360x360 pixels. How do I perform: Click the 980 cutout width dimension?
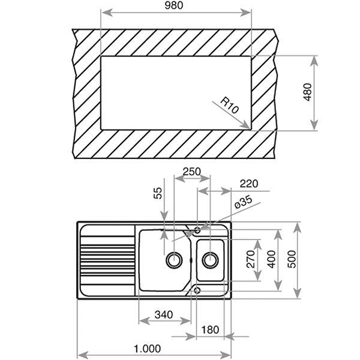pos(174,5)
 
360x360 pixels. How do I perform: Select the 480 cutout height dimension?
pos(308,92)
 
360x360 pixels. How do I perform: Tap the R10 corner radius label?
pos(229,106)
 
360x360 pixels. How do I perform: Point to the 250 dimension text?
pos(192,172)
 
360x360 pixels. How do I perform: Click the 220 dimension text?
pos(249,184)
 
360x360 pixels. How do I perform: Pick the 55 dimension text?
pos(158,193)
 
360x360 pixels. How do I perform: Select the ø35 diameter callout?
pos(244,202)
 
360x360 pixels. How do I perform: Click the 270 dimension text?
pos(251,259)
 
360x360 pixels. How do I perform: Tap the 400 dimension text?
pos(272,259)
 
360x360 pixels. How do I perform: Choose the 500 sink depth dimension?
pos(292,259)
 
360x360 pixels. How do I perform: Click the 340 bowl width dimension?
pos(164,315)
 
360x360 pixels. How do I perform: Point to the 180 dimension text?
pos(210,330)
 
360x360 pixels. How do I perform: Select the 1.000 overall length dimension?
pos(147,349)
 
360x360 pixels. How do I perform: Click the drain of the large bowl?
pos(174,260)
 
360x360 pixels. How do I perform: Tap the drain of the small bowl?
pos(210,260)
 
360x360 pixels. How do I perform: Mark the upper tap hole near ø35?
pos(197,229)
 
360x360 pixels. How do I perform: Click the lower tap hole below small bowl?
pos(197,290)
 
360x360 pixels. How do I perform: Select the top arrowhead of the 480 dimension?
pos(314,61)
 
